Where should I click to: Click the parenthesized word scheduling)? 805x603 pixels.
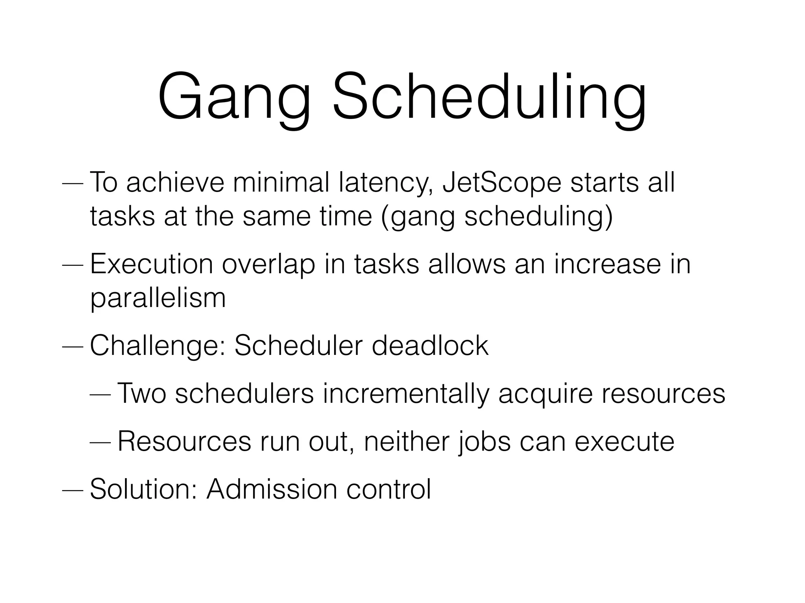pos(538,217)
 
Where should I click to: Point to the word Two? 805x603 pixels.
pos(142,393)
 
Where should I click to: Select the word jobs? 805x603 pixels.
pos(484,442)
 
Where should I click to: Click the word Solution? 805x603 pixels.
pos(144,489)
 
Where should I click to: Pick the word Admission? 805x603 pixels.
pos(272,489)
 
